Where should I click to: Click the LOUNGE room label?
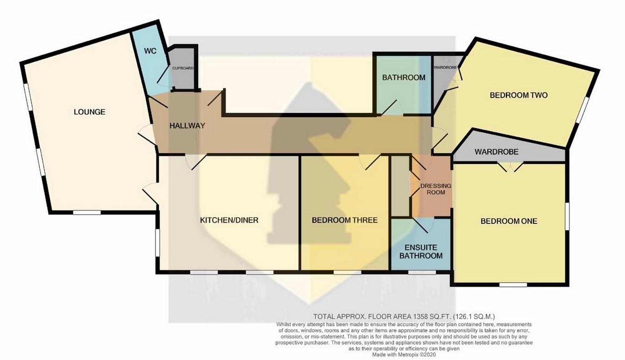89,112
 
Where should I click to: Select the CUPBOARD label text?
182,68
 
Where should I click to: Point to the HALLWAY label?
187,125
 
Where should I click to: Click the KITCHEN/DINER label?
229,220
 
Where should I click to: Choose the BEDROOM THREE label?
344,220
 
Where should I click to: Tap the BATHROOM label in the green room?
403,77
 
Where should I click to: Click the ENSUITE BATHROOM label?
421,252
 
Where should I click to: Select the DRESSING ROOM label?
435,189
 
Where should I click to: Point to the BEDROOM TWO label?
519,95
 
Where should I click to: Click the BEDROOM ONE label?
509,221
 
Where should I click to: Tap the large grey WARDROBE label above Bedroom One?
496,152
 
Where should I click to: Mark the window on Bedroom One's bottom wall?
513,284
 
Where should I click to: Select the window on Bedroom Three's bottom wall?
347,273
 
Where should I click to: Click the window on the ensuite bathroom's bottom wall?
421,273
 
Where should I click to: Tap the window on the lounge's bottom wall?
87,212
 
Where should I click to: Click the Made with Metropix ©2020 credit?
404,355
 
